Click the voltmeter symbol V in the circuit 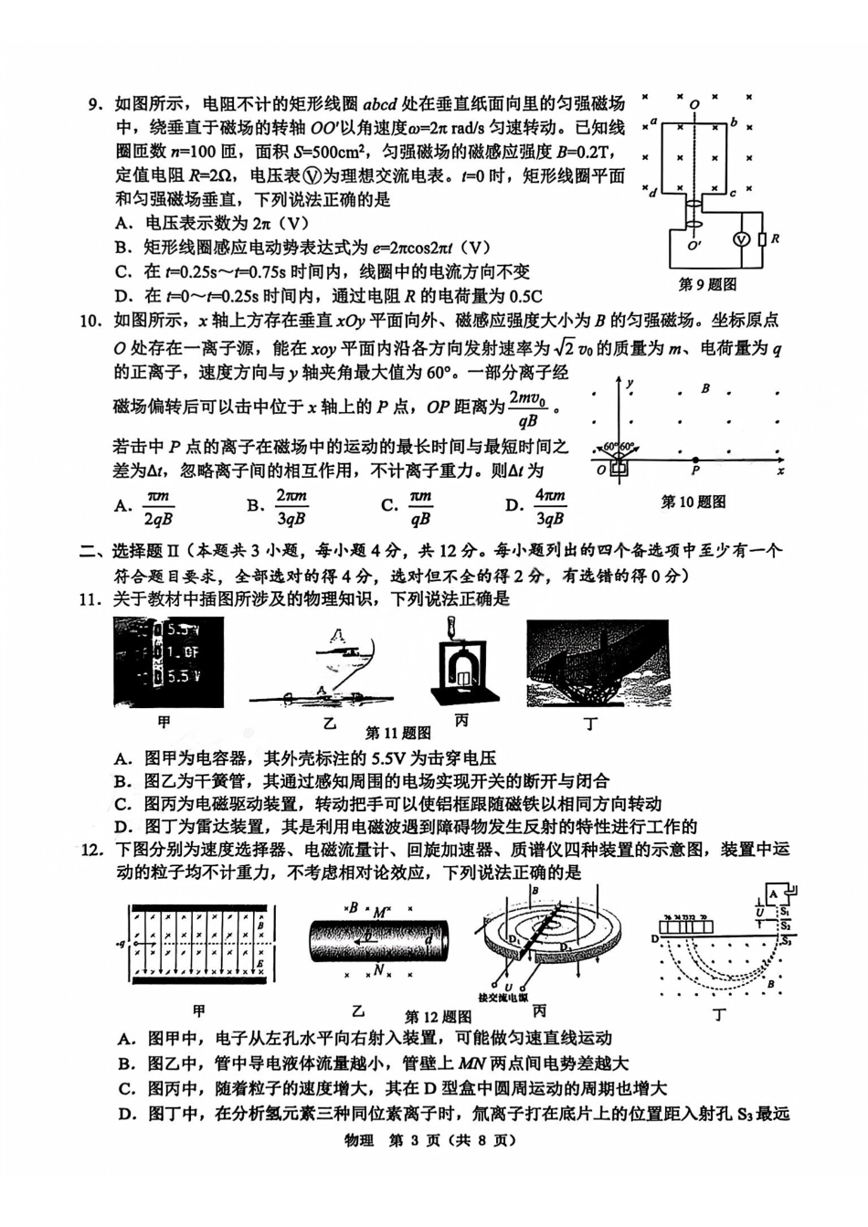click(x=742, y=238)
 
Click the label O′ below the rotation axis click(x=695, y=245)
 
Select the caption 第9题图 click(x=707, y=284)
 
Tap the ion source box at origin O click(x=619, y=468)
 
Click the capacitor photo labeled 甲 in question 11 click(x=168, y=662)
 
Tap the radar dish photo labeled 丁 click(x=598, y=663)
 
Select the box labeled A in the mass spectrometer click(x=773, y=894)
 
